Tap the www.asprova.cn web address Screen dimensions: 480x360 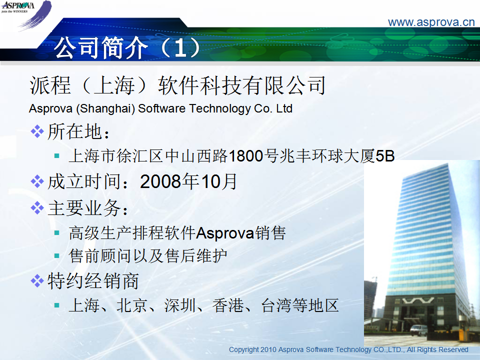(431, 22)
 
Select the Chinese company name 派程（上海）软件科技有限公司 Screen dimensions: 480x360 (177, 85)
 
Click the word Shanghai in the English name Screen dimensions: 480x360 (105, 108)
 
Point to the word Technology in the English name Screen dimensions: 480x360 (220, 108)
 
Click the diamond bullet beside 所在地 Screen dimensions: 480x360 (37, 131)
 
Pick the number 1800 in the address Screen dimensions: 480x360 (246, 156)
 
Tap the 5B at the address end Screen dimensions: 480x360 (385, 156)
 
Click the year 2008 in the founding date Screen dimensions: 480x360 (160, 181)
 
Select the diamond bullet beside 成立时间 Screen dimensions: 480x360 (37, 181)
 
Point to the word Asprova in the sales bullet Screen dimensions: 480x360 (225, 233)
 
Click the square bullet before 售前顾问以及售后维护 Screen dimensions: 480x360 (56, 255)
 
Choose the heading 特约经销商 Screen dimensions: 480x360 (93, 280)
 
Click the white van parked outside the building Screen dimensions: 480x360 (418, 330)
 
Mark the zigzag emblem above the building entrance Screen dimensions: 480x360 (418, 300)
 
